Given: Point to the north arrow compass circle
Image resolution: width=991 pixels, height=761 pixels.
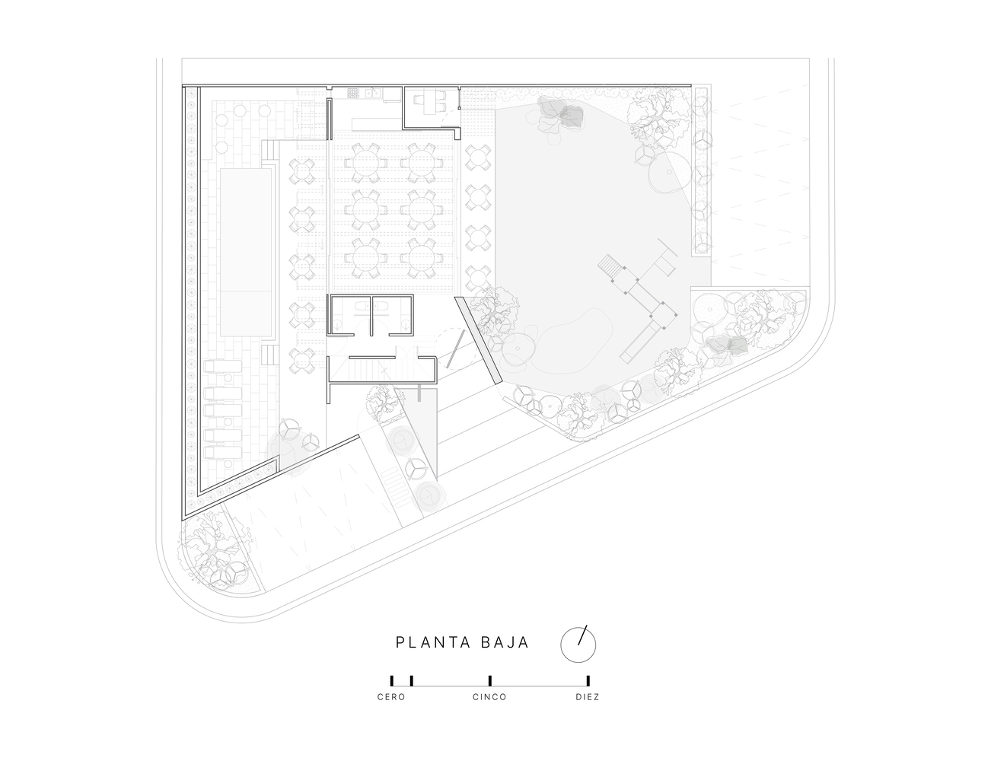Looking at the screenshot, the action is point(578,645).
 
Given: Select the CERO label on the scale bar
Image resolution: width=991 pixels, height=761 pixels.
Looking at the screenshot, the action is point(391,697).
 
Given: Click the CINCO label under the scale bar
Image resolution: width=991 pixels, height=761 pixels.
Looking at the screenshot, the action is point(489,697).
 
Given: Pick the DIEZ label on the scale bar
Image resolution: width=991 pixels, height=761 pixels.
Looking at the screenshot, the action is point(588,697).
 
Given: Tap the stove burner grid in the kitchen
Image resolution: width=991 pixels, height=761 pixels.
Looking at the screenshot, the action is point(353,94).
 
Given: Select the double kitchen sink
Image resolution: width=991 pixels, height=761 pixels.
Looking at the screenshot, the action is point(373,93).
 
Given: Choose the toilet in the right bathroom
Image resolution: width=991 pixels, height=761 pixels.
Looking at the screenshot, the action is point(406,324).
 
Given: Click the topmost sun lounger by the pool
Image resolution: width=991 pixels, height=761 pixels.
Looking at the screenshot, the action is point(222,366).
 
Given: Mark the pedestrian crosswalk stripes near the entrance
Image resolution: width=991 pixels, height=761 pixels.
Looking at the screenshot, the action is point(394,486).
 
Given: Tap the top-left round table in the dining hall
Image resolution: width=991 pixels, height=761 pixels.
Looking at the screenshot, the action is point(362,161).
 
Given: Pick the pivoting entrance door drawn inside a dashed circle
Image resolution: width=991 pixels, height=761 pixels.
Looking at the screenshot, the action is point(455,349).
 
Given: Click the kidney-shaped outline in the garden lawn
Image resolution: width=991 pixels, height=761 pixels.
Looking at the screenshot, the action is point(564,336).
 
